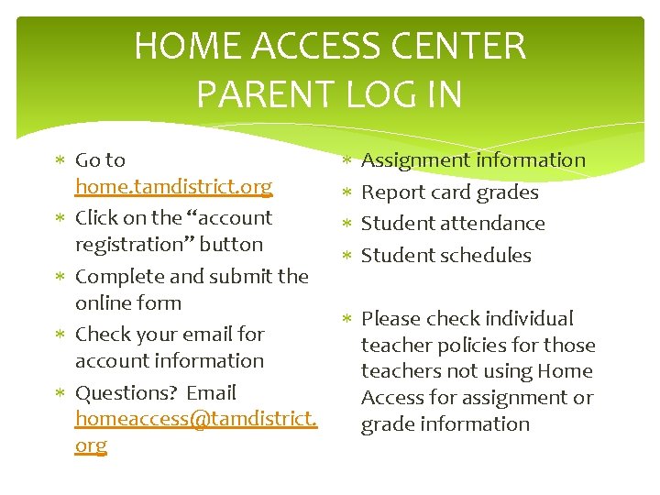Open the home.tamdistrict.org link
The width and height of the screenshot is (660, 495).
[x=173, y=187]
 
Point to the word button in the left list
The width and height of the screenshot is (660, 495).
[x=233, y=245]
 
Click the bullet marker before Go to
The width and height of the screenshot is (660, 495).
[x=59, y=161]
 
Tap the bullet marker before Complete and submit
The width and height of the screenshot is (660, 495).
[x=59, y=277]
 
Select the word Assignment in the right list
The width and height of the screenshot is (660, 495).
[x=416, y=160]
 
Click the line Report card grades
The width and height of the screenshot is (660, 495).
[x=449, y=192]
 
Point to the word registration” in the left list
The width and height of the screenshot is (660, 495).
[x=138, y=245]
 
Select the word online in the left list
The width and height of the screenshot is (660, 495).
[x=103, y=303]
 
